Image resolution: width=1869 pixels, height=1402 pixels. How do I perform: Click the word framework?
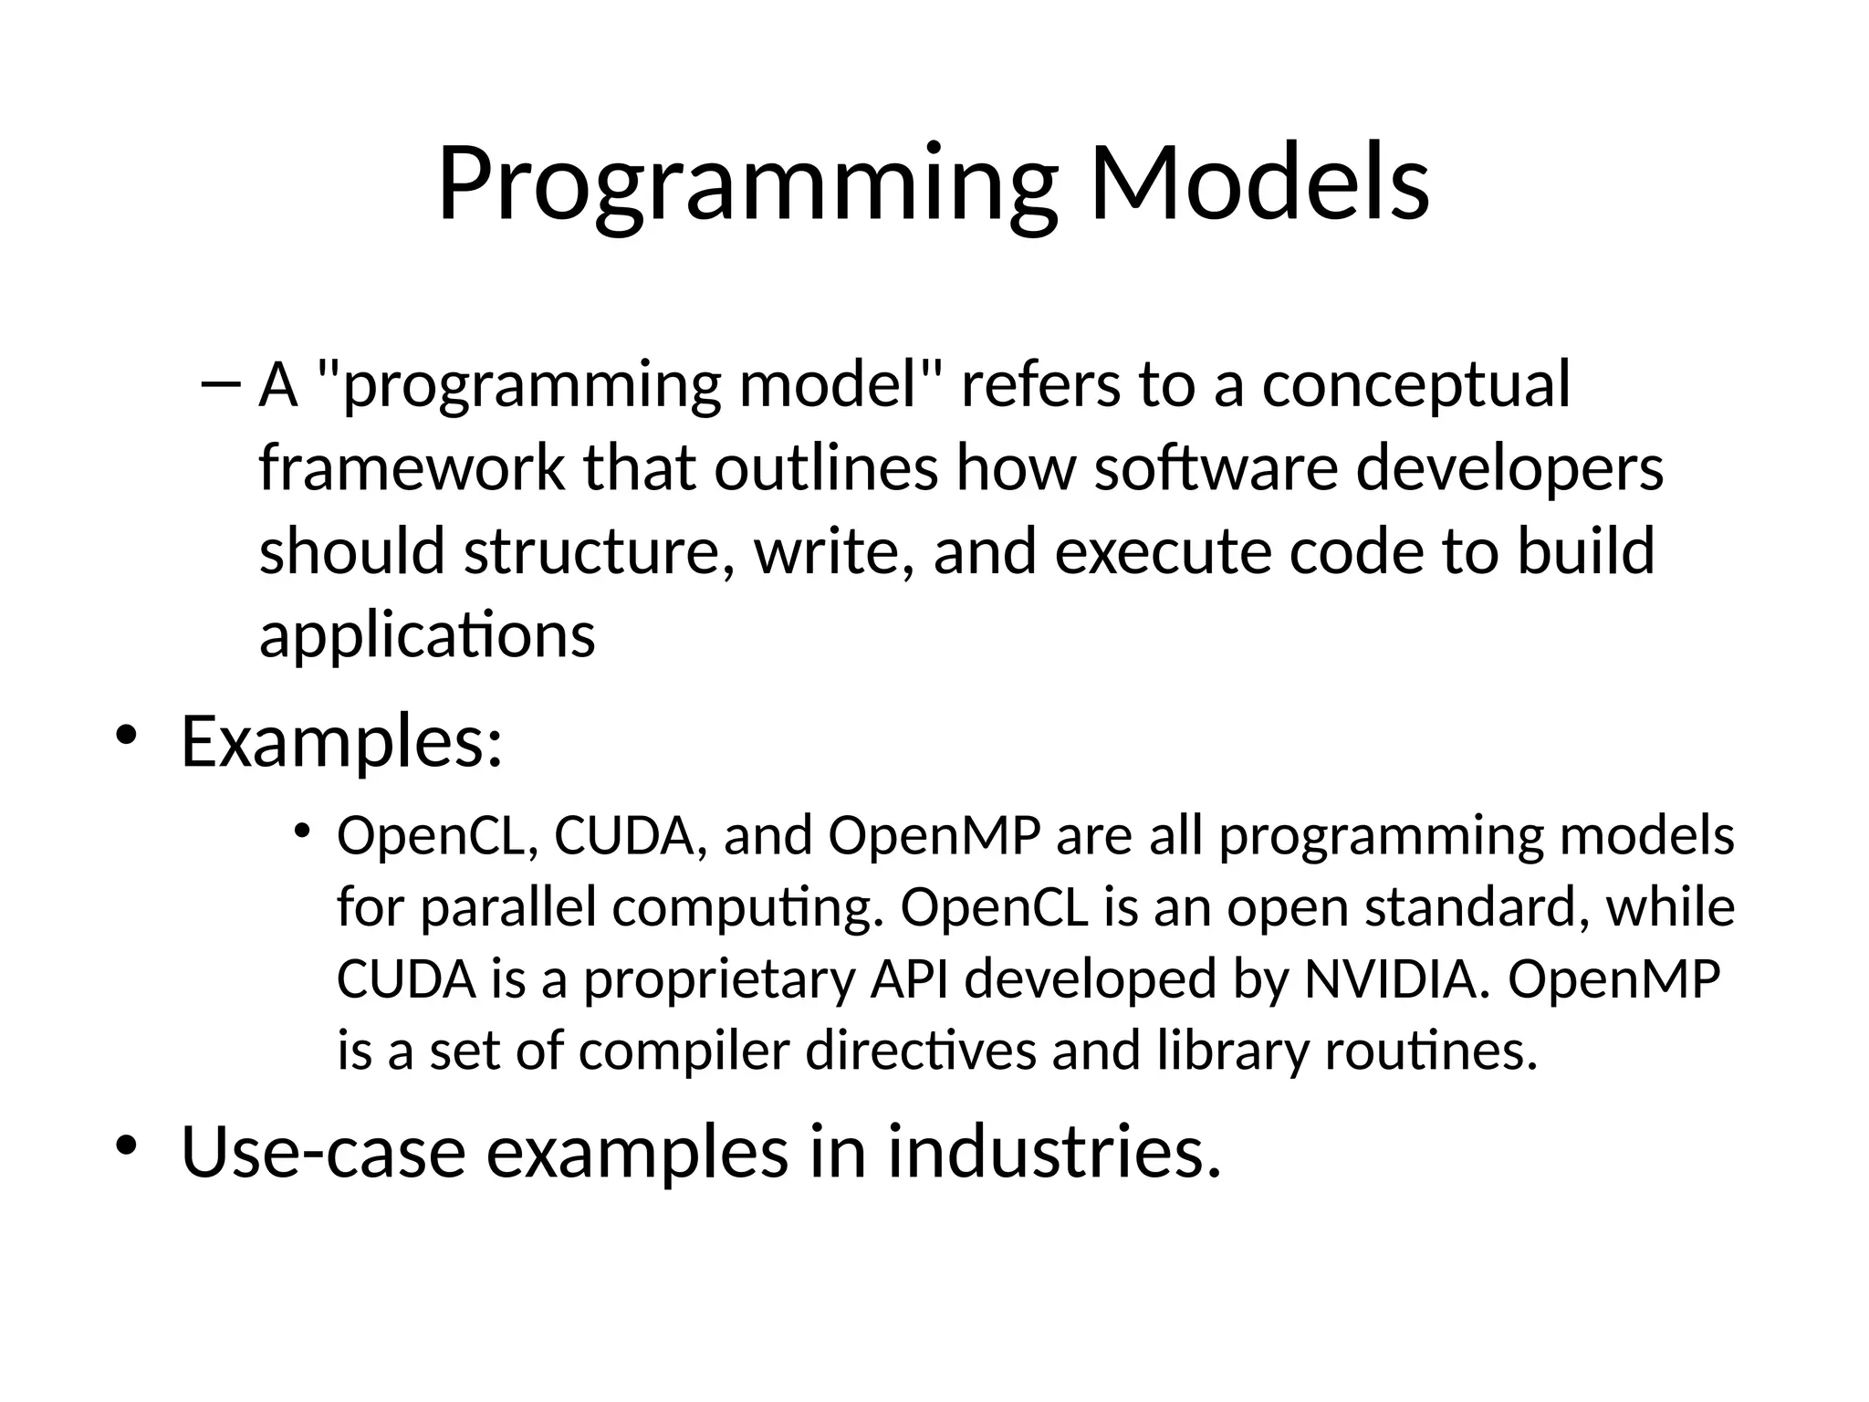[412, 467]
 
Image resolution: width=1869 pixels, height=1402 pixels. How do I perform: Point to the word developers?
[1509, 467]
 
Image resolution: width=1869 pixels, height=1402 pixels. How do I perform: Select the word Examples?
[341, 741]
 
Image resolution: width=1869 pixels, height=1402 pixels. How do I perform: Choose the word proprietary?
[720, 978]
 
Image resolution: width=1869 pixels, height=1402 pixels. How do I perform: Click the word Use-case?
[323, 1152]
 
